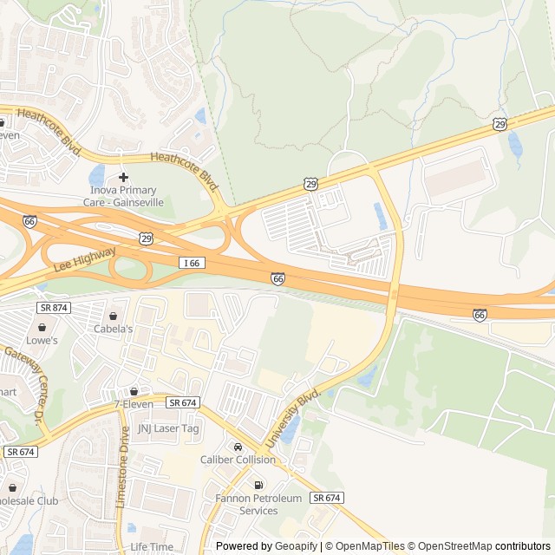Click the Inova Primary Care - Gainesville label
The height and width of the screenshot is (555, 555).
pyautogui.click(x=123, y=196)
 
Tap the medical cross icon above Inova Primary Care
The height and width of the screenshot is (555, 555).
pyautogui.click(x=123, y=177)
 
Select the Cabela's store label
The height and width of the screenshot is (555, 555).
pyautogui.click(x=114, y=329)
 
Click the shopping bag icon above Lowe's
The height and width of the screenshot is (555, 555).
pyautogui.click(x=42, y=327)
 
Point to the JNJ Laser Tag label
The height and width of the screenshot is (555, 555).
pyautogui.click(x=168, y=428)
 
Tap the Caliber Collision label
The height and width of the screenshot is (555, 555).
pyautogui.click(x=238, y=460)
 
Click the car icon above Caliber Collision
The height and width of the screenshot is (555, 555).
pyautogui.click(x=238, y=447)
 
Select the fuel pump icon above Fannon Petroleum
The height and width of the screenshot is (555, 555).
pyautogui.click(x=258, y=485)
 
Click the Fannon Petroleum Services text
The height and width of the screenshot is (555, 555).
pyautogui.click(x=258, y=505)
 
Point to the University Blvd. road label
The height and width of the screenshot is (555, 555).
pyautogui.click(x=293, y=418)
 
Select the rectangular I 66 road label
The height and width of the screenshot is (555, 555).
pyautogui.click(x=193, y=263)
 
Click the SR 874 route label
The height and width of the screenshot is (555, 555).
pyautogui.click(x=54, y=308)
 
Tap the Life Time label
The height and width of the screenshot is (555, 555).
pyautogui.click(x=151, y=546)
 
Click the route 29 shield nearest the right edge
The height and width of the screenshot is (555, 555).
pyautogui.click(x=499, y=125)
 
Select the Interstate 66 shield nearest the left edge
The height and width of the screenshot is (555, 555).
pyautogui.click(x=29, y=222)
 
